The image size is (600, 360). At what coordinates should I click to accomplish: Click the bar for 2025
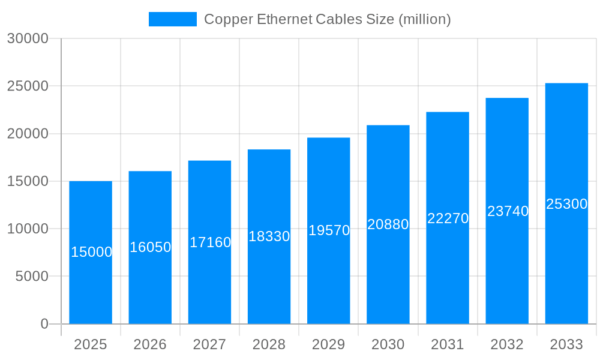91,282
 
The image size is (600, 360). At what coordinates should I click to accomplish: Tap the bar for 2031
448,270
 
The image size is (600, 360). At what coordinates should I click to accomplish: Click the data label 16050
151,247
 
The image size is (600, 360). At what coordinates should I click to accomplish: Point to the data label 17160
210,242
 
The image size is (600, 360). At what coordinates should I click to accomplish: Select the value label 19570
329,230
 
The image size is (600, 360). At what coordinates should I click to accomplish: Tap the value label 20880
388,224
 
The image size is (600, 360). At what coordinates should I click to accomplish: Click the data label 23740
508,211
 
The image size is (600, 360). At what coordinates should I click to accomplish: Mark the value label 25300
566,204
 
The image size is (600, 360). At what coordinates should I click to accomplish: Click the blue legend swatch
173,19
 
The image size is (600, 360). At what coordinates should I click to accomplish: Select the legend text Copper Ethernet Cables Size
327,19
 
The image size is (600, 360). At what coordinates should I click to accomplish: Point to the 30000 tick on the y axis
28,38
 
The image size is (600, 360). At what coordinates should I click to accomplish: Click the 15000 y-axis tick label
28,181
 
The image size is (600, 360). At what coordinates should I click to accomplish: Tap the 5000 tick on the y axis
31,277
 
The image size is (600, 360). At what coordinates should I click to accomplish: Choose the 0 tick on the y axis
44,324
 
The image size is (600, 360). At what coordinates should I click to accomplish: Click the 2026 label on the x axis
150,344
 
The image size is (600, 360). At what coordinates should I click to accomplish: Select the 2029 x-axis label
329,344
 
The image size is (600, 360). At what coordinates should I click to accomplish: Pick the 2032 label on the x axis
507,344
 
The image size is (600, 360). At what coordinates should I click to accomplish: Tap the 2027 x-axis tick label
209,344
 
